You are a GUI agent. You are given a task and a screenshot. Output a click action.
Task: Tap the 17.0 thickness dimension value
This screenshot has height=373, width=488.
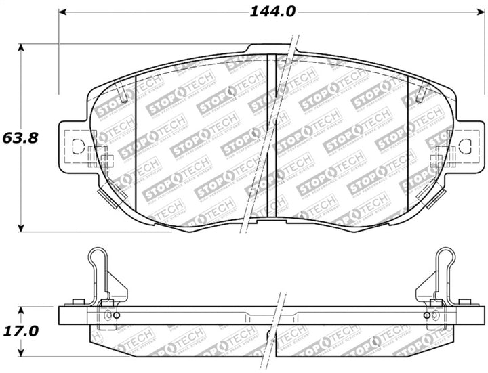click(x=20, y=331)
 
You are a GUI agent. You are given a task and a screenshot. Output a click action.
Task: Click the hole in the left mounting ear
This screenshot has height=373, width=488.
click(x=76, y=145)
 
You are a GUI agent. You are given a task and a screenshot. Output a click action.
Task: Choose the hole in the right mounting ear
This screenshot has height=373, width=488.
click(x=464, y=145)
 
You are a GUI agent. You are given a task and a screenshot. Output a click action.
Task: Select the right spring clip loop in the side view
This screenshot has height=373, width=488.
click(x=445, y=261)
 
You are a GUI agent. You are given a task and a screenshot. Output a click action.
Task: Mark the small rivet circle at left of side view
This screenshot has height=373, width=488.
click(x=115, y=315)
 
